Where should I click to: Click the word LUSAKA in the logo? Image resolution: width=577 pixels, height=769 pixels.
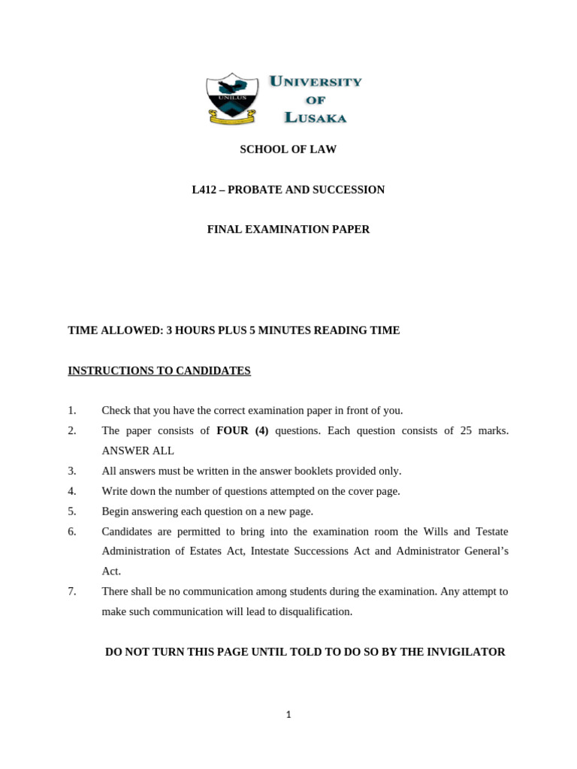pos(315,117)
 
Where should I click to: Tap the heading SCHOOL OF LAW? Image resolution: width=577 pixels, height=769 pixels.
pos(288,149)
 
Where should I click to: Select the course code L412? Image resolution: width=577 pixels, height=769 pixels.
pos(204,190)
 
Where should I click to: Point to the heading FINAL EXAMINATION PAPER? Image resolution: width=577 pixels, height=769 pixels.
pos(288,230)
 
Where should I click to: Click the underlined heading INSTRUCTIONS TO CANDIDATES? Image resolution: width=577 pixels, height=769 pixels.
pos(159,371)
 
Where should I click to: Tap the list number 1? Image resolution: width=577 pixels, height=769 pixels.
pos(72,411)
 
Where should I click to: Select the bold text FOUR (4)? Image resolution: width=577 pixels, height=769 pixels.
pos(243,431)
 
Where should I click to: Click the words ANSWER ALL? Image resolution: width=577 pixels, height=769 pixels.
pos(137,451)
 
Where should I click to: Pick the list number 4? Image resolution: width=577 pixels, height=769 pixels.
pos(72,491)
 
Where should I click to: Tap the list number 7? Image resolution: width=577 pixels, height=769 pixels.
pos(72,592)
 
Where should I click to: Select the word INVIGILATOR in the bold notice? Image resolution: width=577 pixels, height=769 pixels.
pos(465,652)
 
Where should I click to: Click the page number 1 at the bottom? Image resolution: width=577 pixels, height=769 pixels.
pos(288,715)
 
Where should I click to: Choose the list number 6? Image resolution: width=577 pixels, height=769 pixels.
pos(72,532)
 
